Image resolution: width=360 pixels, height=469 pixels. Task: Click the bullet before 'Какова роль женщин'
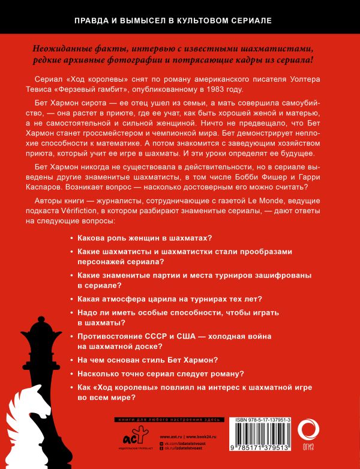(73, 239)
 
